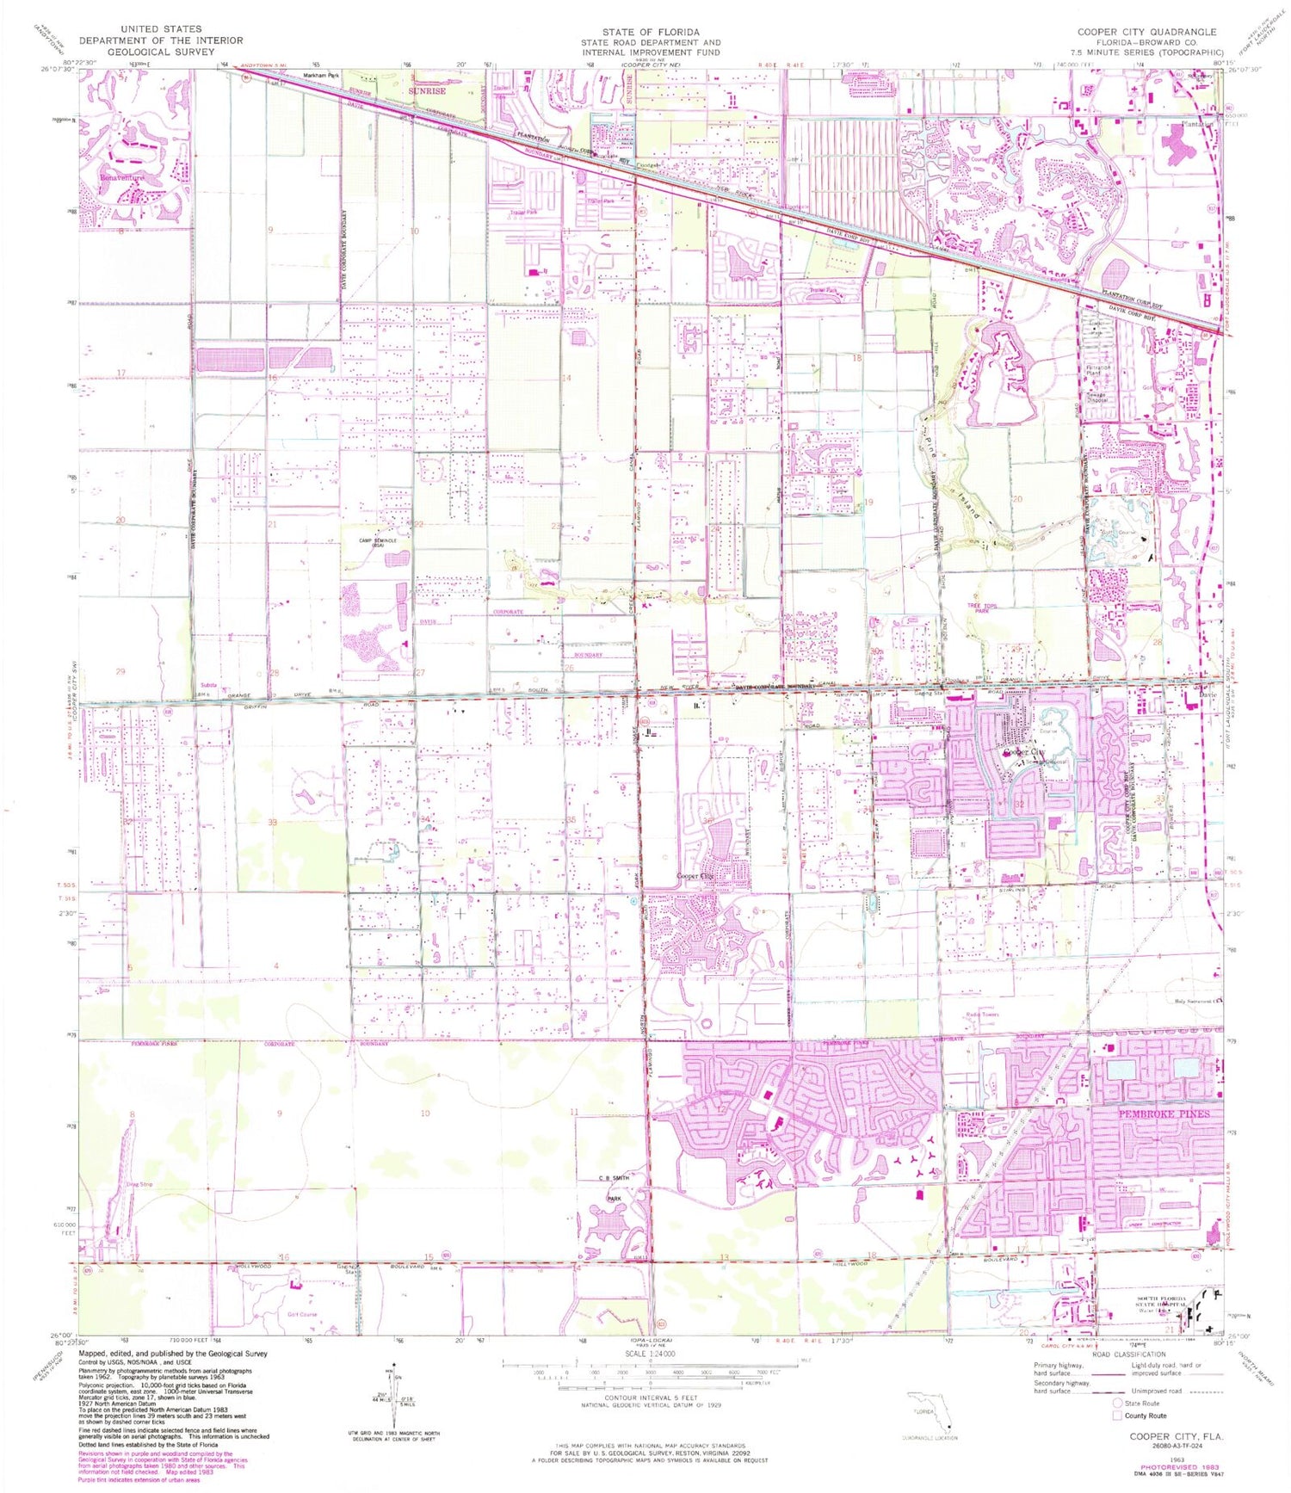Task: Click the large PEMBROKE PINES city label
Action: click(1164, 1113)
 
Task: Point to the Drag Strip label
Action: click(139, 1184)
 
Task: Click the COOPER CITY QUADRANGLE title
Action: click(1147, 32)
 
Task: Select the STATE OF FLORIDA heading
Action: click(651, 32)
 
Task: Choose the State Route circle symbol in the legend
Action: click(1117, 1403)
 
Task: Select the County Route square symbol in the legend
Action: click(1117, 1415)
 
